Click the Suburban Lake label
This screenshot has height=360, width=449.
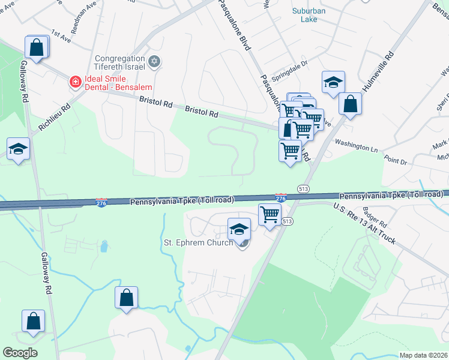(310, 14)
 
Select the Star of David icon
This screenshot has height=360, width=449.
(155, 61)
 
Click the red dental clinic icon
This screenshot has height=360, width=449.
(75, 81)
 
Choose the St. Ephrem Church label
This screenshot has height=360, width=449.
(198, 243)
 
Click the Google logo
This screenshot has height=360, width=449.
(20, 352)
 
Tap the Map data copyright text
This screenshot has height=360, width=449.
(423, 355)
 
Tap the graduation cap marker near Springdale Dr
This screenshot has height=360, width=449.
(333, 83)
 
